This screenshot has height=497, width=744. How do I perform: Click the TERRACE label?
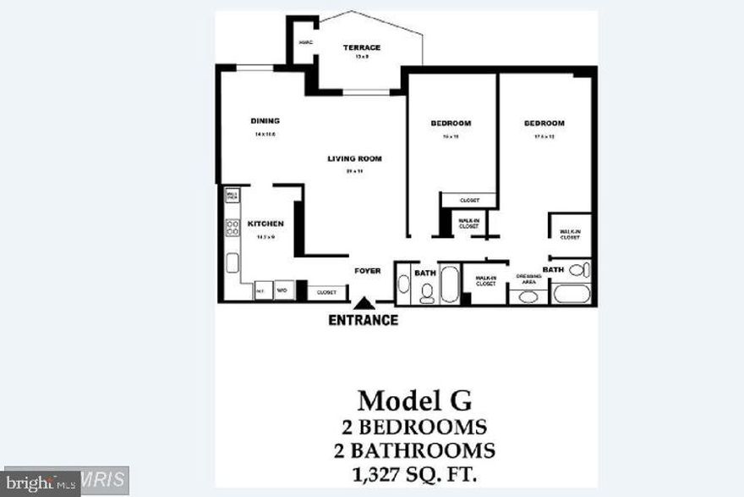361,48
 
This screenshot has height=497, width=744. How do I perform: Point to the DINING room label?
265,120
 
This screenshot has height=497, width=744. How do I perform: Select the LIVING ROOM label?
356,158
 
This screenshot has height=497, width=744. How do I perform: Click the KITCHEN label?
265,224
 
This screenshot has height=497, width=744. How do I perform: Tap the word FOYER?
367,271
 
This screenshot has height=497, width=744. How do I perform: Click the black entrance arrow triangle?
364,302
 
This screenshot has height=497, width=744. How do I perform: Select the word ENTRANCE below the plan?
363,320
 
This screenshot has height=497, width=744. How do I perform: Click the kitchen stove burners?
232,228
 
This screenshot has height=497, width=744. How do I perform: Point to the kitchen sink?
231,262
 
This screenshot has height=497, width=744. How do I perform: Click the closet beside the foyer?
327,292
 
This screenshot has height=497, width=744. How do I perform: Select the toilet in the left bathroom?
427,293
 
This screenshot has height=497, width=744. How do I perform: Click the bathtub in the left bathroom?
449,284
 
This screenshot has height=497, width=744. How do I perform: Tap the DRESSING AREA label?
529,278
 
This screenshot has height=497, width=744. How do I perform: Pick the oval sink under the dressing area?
529,297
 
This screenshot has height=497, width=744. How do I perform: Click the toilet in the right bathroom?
579,271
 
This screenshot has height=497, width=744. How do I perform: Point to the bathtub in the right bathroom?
572,295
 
